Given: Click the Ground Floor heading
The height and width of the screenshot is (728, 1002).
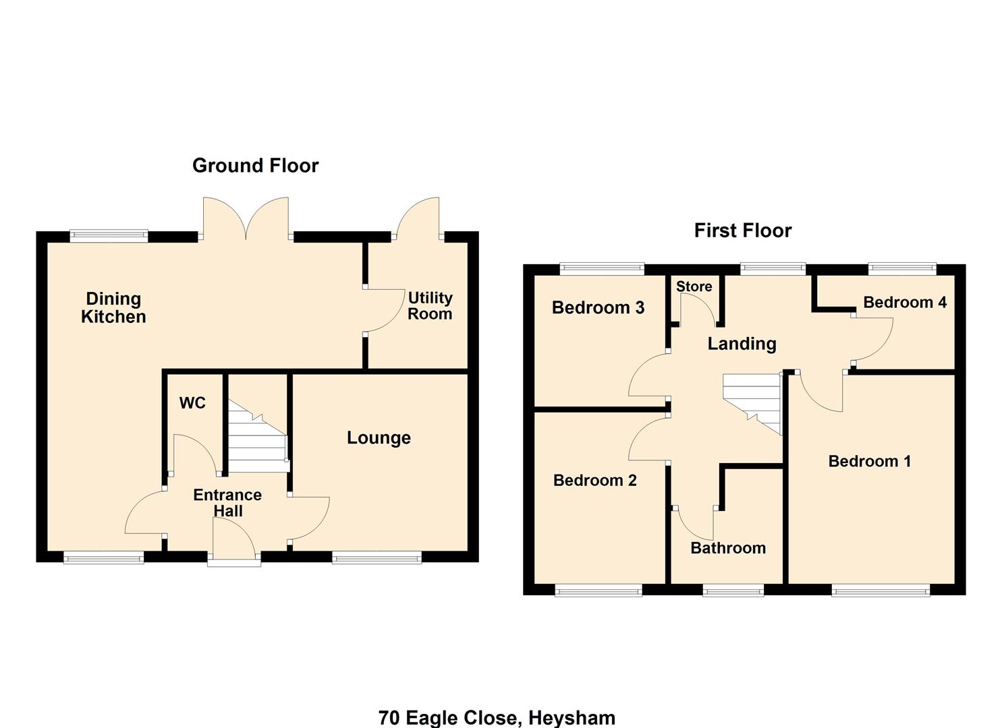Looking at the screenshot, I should pos(255,165).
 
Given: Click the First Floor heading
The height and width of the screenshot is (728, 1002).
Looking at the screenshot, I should pos(742,231).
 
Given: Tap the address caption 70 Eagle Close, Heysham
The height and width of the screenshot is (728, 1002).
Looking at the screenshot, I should pos(497,717).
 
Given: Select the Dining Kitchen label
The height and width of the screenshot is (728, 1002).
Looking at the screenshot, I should pos(113,308).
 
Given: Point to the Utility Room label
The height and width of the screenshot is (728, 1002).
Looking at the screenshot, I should pos(430,305).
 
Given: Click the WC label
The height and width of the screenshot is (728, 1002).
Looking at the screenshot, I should pos(192,403).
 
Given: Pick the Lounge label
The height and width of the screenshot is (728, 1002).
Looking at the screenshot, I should pos(379,438).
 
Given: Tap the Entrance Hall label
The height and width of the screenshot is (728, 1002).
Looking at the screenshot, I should pos(227,503).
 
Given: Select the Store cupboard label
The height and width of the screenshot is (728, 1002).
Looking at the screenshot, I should pos(694,286).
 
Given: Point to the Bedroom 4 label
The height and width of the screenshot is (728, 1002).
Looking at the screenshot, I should pos(904,302).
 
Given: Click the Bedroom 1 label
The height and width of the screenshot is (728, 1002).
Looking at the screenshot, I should pos(869,461).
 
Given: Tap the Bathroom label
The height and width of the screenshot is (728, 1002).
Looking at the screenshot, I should pos(728,548).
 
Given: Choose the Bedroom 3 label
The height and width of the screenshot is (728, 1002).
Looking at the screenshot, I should pos(598,308).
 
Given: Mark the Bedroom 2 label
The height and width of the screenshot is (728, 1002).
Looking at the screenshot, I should pos(594,480).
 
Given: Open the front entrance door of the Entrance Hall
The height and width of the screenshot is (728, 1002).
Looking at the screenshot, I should pos(234,543).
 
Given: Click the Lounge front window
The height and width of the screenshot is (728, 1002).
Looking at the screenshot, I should pos(377,557).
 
